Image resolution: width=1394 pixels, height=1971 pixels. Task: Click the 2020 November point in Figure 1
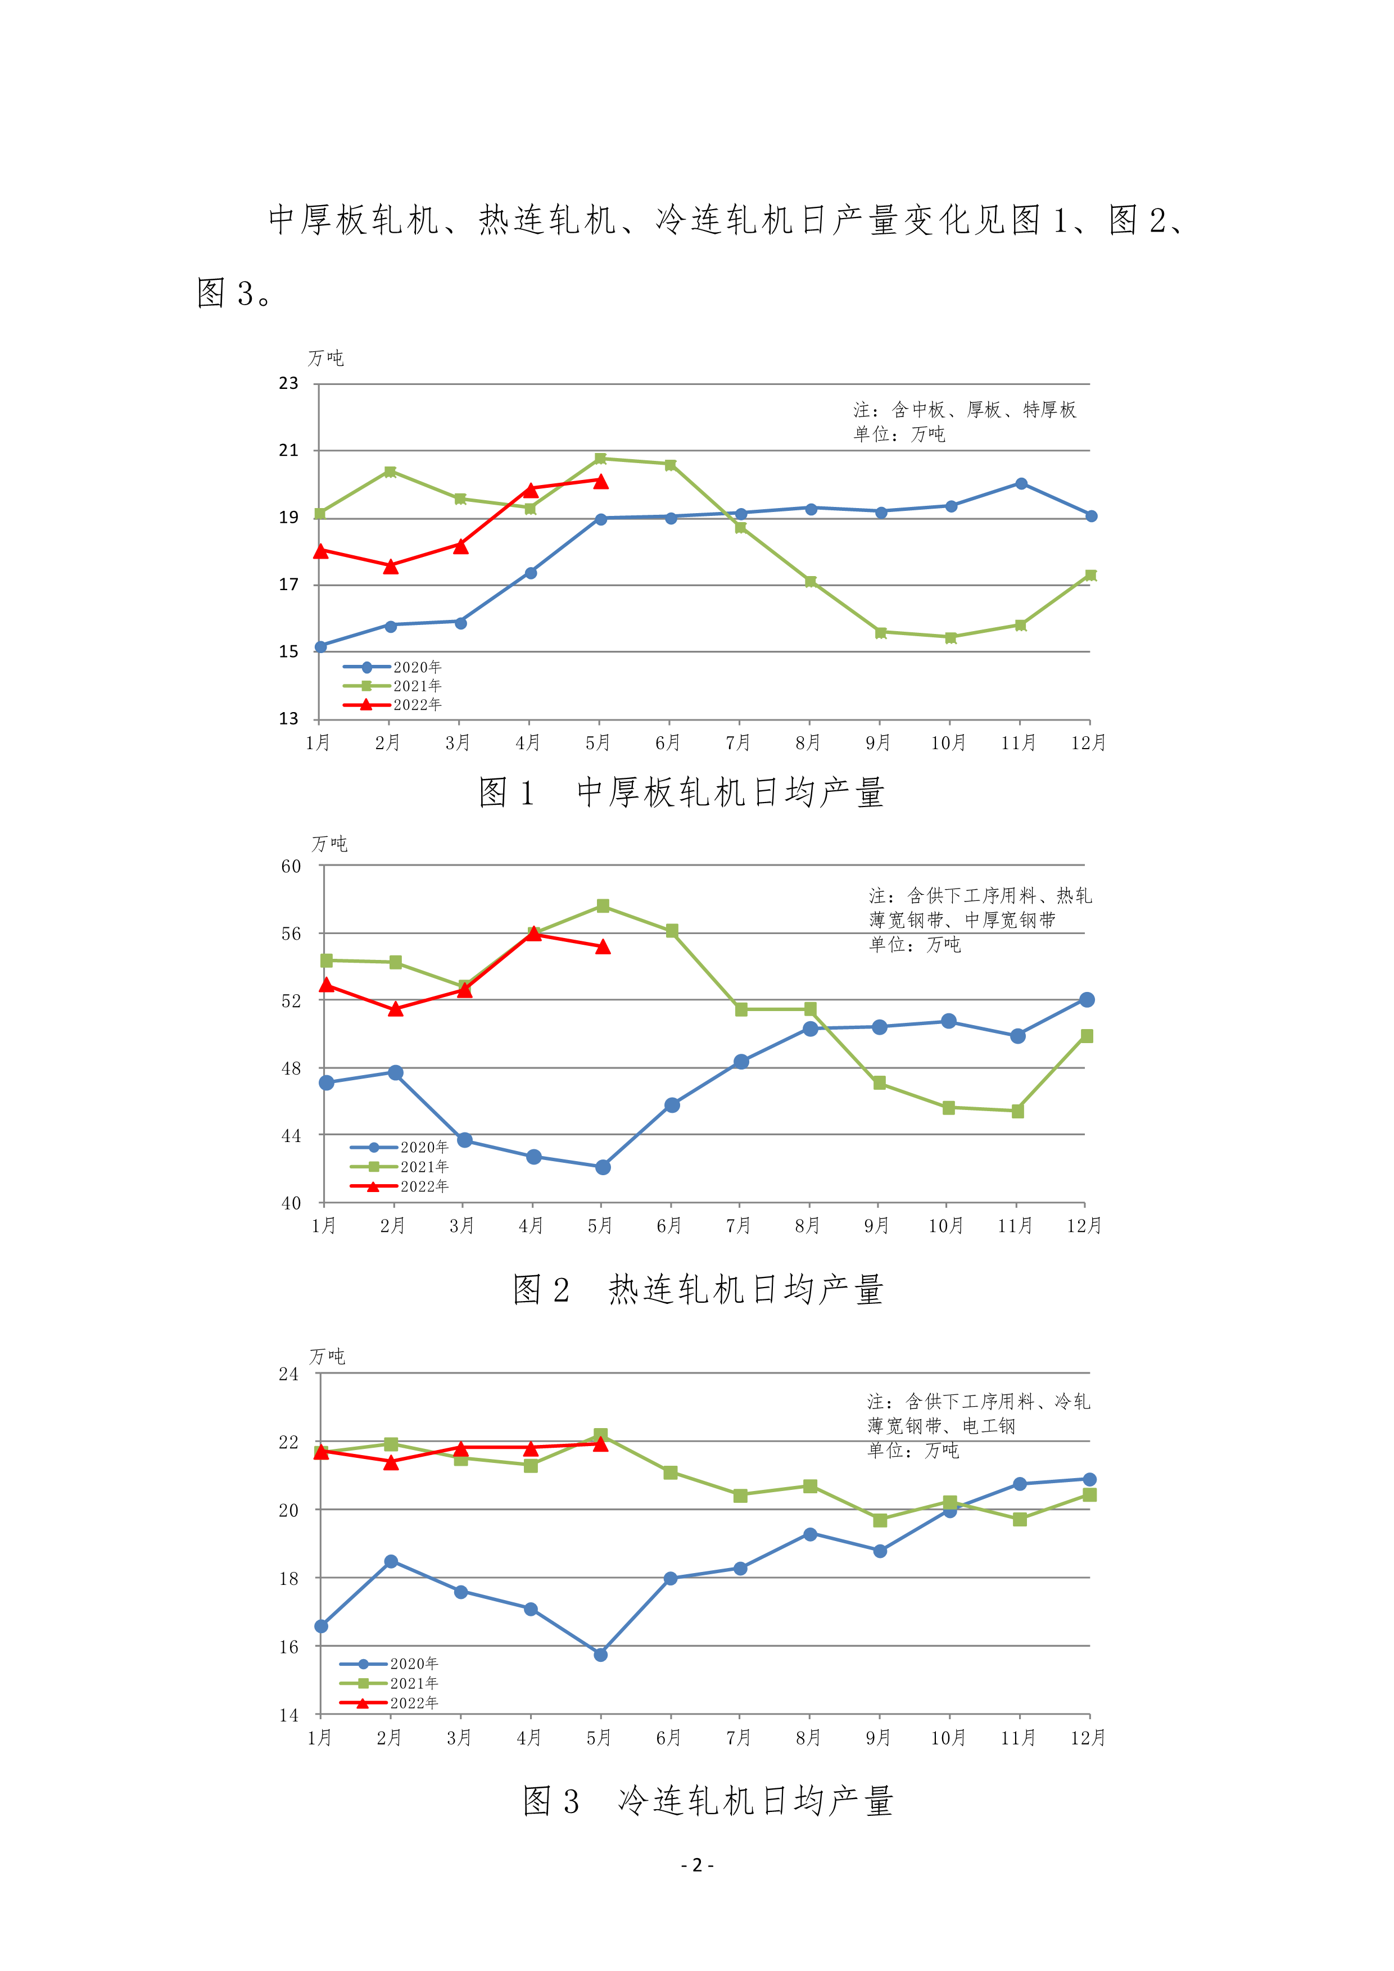tap(1021, 484)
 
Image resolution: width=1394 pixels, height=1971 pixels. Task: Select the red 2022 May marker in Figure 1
tap(601, 482)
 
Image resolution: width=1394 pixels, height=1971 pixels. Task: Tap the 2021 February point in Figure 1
tap(391, 472)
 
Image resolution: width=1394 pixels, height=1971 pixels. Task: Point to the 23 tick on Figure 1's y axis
tap(288, 384)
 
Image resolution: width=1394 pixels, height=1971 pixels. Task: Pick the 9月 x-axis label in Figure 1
tap(878, 742)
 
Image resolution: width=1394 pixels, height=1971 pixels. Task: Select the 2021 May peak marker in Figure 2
tap(603, 905)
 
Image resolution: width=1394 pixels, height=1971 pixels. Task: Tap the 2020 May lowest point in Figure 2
tap(603, 1167)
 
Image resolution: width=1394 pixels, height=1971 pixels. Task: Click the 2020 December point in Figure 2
tap(1087, 999)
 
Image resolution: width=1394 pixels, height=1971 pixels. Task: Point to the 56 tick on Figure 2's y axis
tap(292, 933)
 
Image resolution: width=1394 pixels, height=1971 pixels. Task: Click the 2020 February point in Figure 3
tap(391, 1561)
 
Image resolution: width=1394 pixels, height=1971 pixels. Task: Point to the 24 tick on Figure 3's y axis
tap(288, 1374)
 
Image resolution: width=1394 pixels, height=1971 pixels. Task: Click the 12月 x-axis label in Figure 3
tap(1088, 1738)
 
